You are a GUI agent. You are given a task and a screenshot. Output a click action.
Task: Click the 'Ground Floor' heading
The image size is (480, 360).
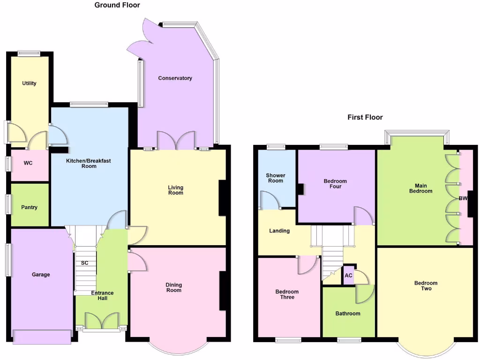pos(117,5)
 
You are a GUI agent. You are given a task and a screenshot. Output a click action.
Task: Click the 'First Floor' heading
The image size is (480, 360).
pos(365,117)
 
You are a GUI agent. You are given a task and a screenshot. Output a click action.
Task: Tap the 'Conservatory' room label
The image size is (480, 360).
pos(175,78)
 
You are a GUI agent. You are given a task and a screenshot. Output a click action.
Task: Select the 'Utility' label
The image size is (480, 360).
pos(29,83)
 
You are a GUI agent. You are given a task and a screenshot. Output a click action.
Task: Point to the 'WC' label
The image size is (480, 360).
pos(29,164)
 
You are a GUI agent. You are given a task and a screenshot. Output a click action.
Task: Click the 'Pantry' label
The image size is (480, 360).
pos(29,207)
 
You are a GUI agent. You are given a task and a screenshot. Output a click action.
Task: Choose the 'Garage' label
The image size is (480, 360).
pos(41,275)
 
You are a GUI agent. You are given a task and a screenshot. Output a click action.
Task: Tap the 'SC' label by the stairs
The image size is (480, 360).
pos(84,263)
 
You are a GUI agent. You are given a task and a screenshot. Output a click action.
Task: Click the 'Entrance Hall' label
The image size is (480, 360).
pos(102,296)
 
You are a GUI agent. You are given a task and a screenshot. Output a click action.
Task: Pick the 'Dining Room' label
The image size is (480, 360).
pos(174,287)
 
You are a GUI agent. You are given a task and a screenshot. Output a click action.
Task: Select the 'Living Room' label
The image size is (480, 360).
pos(176,190)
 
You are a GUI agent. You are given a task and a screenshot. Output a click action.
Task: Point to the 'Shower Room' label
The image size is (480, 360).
pos(276,178)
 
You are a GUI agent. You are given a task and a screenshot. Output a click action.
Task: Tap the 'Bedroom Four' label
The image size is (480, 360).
pos(335,184)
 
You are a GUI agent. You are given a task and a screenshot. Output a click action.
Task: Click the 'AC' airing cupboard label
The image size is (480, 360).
pos(348,276)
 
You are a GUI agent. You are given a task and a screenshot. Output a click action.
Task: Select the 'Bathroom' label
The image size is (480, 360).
pos(348,313)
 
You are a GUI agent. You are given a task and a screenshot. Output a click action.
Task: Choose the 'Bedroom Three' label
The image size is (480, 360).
pos(287,294)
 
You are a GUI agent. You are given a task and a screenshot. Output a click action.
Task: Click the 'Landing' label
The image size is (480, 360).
pos(279,231)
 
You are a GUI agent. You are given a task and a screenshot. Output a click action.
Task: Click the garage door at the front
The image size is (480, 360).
pos(42,337)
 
